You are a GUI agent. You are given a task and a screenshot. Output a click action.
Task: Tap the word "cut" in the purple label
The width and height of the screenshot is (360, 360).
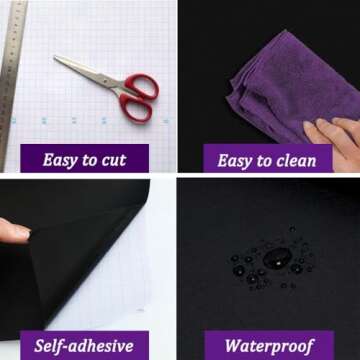pyautogui.click(x=114, y=160)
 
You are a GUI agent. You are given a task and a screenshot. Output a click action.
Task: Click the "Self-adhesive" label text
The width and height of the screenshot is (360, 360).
pyautogui.click(x=84, y=346)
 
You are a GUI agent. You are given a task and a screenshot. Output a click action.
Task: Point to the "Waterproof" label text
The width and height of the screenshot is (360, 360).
pyautogui.click(x=269, y=346)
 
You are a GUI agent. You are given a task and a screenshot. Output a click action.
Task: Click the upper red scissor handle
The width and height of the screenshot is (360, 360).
pyautogui.click(x=141, y=86)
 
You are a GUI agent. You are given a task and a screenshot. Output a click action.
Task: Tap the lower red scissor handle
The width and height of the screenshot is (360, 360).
pyautogui.click(x=136, y=107)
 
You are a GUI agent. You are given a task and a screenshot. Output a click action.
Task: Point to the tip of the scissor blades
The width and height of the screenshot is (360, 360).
pyautogui.click(x=55, y=57)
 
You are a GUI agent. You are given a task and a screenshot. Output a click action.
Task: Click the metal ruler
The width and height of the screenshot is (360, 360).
pyautogui.click(x=11, y=83)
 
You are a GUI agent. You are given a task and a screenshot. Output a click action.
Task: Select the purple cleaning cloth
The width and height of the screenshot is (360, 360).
pyautogui.click(x=287, y=87)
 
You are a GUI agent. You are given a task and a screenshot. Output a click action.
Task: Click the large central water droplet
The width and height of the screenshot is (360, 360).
pyautogui.click(x=277, y=258)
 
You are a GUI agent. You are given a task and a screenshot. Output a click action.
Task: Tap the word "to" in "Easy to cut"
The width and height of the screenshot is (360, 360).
pyautogui.click(x=90, y=160)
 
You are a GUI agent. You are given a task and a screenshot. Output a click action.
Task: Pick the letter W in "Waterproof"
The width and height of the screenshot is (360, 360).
pyautogui.click(x=234, y=346)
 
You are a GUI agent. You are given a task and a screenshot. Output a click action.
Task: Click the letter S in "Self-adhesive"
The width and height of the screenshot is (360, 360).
pyautogui.click(x=39, y=346)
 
